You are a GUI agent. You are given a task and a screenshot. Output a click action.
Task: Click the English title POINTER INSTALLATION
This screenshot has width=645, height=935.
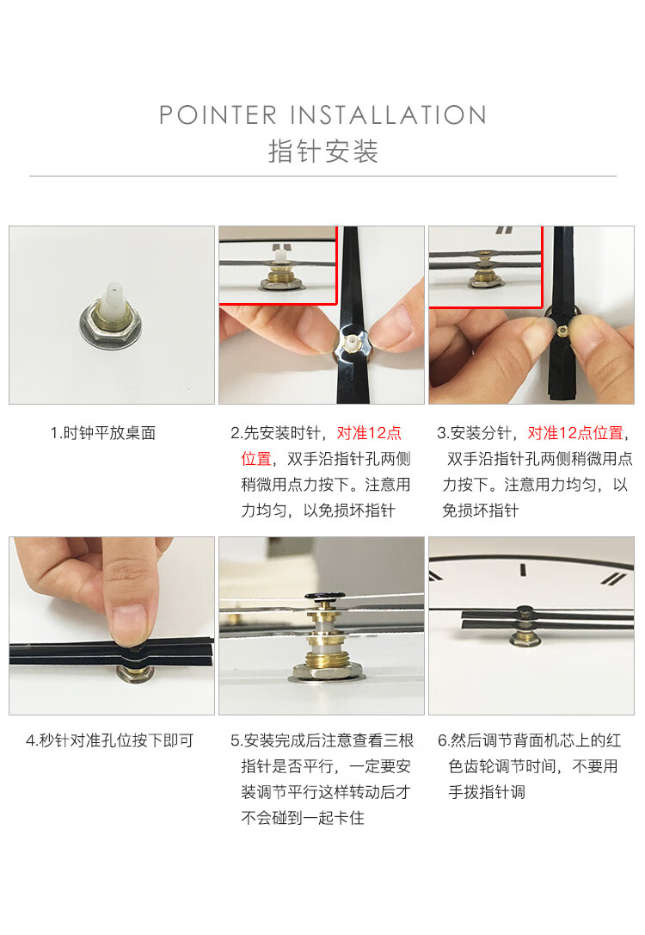(x=322, y=115)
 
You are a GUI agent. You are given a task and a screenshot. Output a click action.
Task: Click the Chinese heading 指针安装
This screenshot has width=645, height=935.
(x=322, y=152)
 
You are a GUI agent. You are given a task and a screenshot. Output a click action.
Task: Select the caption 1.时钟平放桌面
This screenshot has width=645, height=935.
(x=103, y=433)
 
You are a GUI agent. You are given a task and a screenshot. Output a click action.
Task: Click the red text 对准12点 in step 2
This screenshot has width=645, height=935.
(x=369, y=433)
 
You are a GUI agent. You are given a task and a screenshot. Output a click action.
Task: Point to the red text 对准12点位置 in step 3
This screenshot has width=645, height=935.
(x=575, y=433)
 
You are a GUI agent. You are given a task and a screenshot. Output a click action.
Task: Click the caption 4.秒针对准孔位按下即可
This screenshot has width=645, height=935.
(x=109, y=740)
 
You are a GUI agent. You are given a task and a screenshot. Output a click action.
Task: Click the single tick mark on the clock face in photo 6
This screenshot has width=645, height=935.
(x=523, y=569)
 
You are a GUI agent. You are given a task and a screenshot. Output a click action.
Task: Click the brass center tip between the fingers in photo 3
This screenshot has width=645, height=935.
(x=562, y=328)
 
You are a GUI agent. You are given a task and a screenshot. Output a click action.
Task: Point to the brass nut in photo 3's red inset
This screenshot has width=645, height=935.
(x=486, y=276)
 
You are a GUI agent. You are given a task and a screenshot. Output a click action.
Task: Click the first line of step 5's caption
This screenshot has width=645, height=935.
(x=322, y=740)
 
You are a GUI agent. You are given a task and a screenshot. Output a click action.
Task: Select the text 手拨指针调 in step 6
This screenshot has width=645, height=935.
(x=487, y=792)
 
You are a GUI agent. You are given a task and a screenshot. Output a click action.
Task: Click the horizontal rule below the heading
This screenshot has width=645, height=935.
(x=322, y=176)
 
